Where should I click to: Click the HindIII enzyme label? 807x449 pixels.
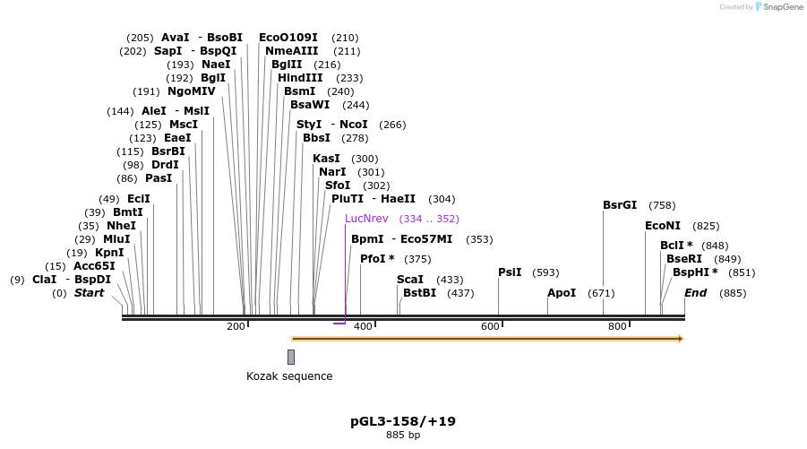(x=300, y=78)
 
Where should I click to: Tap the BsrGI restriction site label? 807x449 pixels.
(x=621, y=205)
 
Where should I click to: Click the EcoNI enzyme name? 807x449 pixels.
(x=663, y=226)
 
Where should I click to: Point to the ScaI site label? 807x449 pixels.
(x=409, y=280)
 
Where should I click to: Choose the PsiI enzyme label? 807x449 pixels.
(x=510, y=272)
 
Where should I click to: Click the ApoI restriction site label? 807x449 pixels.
(x=562, y=293)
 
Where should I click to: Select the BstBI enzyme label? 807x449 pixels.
(x=419, y=293)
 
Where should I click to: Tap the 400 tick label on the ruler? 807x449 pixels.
(x=363, y=326)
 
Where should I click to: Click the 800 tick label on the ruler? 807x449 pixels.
(x=617, y=326)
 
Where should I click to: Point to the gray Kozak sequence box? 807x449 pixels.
(x=291, y=357)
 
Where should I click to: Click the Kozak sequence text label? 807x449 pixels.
(x=289, y=376)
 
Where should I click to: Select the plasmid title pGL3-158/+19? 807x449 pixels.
(x=403, y=420)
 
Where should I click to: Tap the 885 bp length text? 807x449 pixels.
(x=403, y=436)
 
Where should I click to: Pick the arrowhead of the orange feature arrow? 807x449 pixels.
(x=680, y=339)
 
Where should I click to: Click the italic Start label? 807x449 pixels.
(x=89, y=293)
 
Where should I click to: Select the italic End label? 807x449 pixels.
(x=696, y=293)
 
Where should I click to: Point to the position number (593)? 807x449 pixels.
(x=545, y=272)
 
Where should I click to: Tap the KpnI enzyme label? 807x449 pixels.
(x=109, y=253)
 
